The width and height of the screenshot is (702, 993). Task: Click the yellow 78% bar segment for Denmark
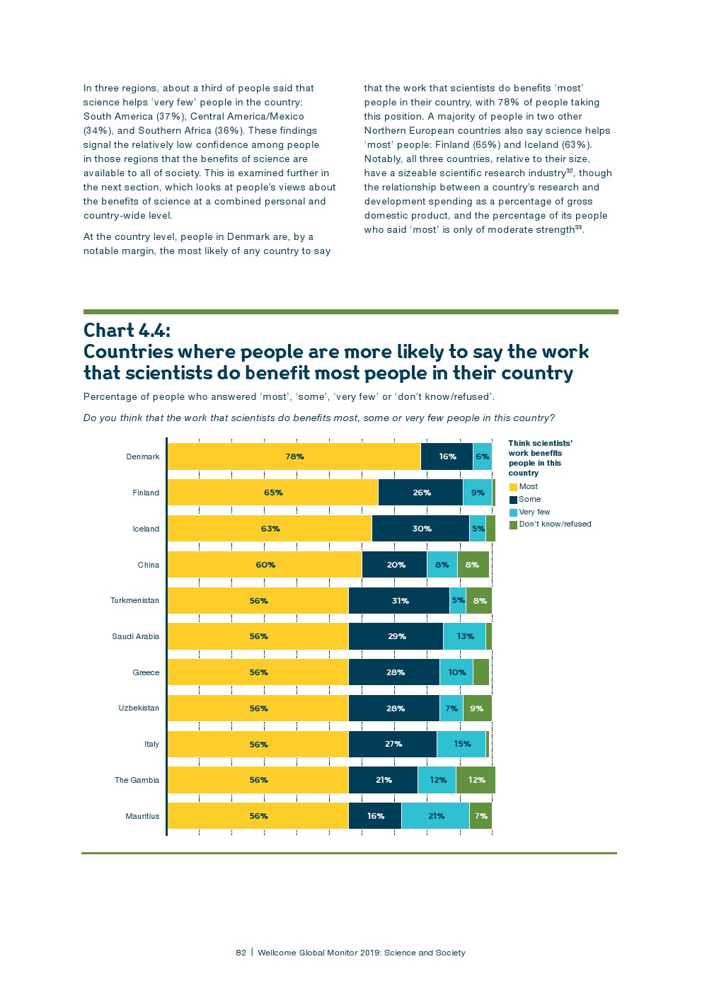(294, 457)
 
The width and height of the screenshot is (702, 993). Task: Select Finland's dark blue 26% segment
(421, 493)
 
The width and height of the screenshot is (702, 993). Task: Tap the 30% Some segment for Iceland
(421, 529)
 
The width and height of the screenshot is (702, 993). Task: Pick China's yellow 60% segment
(265, 565)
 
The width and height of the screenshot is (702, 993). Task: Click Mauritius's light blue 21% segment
(436, 816)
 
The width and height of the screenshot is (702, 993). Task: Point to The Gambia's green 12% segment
(476, 780)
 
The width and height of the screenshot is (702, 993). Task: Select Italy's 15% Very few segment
(461, 744)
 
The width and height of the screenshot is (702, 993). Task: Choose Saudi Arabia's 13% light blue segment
(465, 636)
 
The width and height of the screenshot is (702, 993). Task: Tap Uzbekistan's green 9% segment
(477, 708)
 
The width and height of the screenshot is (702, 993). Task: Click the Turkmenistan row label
(134, 601)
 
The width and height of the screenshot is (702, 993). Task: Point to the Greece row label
(146, 672)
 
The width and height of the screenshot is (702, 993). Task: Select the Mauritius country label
(142, 816)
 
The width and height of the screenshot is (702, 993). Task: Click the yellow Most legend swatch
(514, 487)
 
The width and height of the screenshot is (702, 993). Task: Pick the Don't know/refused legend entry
(555, 524)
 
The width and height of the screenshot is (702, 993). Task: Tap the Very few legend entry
(534, 512)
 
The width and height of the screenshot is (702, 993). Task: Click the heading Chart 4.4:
(127, 331)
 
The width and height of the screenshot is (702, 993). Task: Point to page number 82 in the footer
(241, 953)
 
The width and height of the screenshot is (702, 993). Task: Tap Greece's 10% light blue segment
(456, 672)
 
